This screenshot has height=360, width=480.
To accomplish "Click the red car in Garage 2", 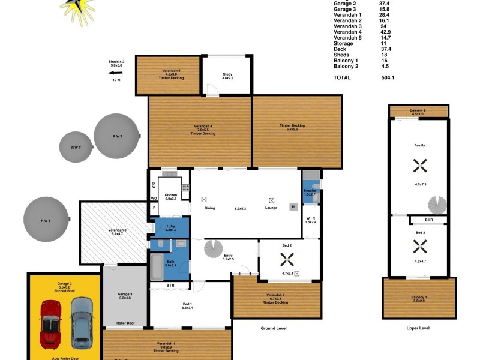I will (50, 323).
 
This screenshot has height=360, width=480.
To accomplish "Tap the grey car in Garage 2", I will (82, 322).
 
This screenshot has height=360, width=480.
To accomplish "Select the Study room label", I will (227, 76).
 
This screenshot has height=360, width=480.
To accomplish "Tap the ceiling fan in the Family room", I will (419, 164).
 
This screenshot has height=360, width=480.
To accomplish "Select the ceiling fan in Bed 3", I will (419, 245).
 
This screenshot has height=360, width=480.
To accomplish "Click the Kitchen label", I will (171, 196).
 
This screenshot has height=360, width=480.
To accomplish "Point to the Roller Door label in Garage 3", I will (125, 323).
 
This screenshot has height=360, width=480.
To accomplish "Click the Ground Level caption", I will (274, 329).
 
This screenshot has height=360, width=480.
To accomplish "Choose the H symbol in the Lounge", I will (293, 207).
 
